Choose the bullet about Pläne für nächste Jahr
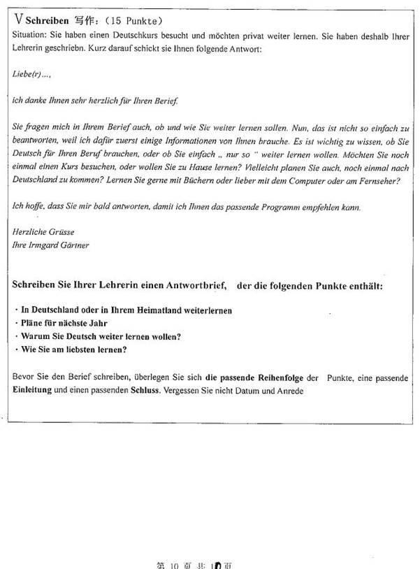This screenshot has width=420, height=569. coord(59,323)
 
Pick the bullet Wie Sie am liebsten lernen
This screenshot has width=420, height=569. coord(73,350)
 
